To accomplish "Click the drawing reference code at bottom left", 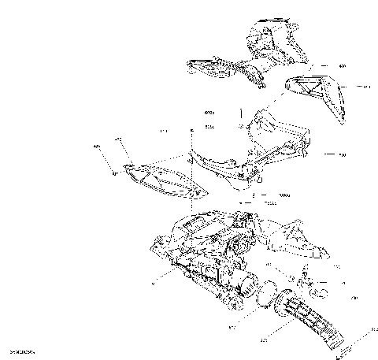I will pyautogui.click(x=21, y=352).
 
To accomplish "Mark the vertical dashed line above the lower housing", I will pyautogui.click(x=191, y=181).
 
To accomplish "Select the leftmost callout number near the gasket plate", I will pyautogui.click(x=97, y=147).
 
